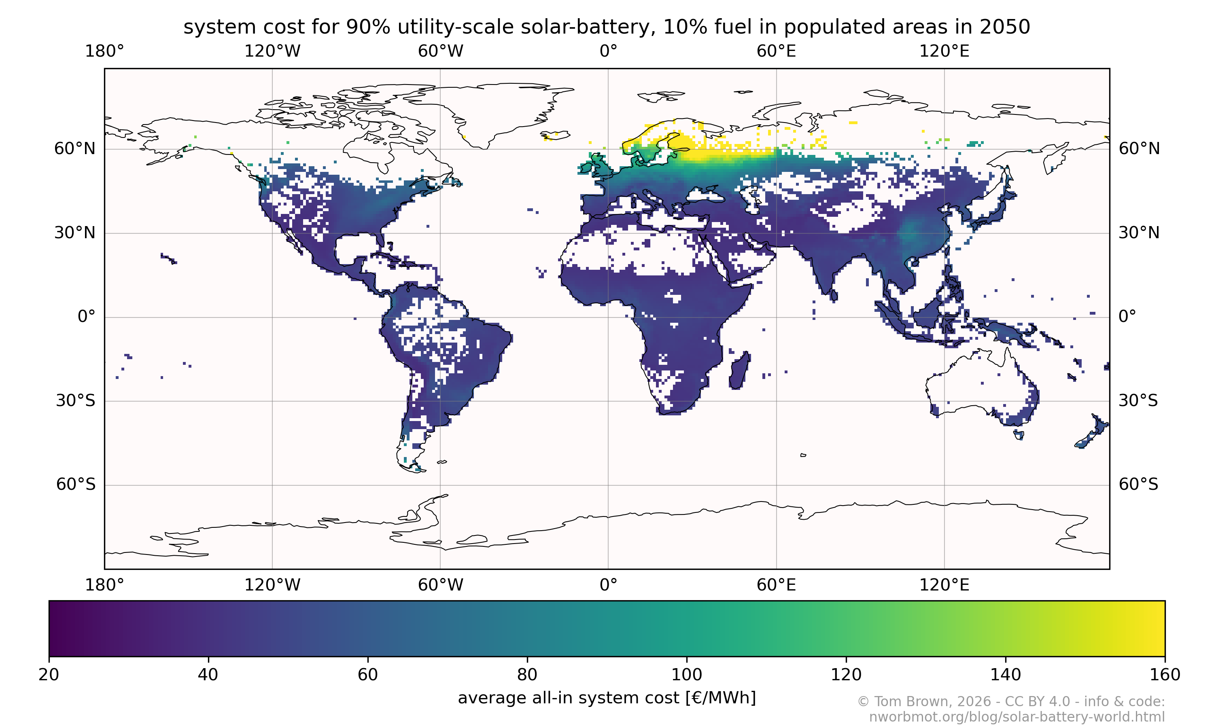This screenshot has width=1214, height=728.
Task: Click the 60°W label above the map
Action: click(x=440, y=51)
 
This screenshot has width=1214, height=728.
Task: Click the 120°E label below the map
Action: click(x=944, y=585)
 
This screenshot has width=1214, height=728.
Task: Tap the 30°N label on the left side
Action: click(x=74, y=233)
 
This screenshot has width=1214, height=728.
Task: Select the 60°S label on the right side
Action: click(x=1138, y=484)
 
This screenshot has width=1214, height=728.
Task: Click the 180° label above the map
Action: click(x=104, y=51)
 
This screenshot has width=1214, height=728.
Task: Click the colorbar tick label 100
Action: click(x=686, y=675)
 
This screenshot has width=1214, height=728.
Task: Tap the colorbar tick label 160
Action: click(x=1165, y=675)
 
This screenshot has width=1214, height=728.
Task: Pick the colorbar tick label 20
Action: click(x=49, y=675)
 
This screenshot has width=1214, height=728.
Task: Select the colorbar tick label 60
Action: click(x=367, y=675)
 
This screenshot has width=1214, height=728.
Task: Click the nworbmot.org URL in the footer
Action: click(x=1016, y=717)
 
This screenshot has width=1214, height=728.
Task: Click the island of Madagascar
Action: click(x=739, y=371)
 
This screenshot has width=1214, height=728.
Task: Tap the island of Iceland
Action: click(x=556, y=135)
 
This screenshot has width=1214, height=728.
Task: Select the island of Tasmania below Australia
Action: click(x=1019, y=435)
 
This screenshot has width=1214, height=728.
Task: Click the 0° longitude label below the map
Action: click(x=608, y=585)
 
